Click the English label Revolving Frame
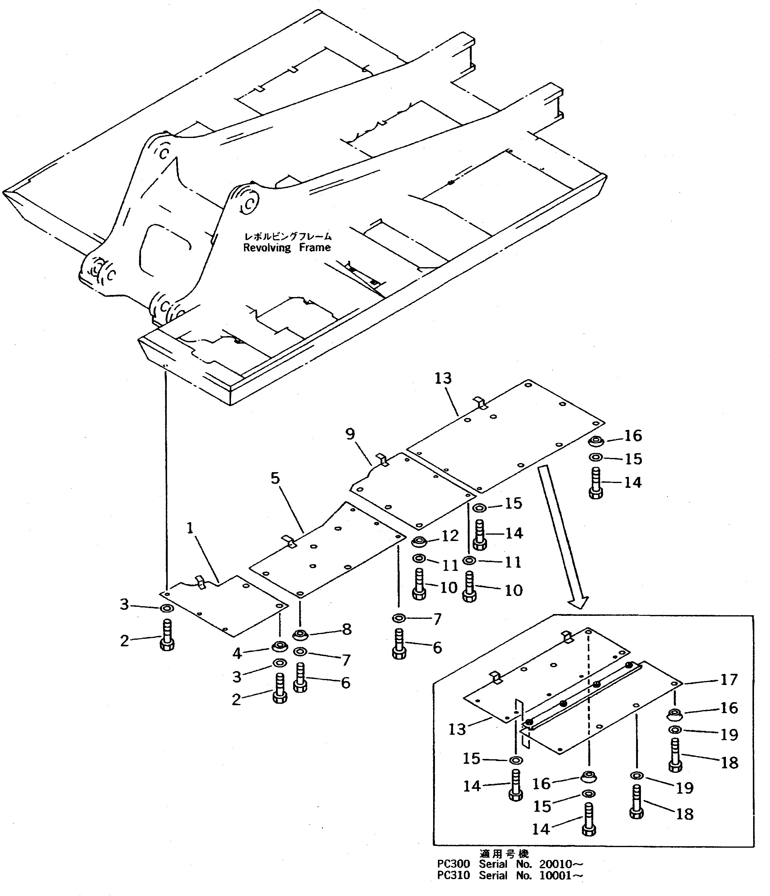point(287,248)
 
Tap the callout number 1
point(190,528)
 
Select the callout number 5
point(275,478)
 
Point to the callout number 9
point(350,434)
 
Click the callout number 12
point(449,536)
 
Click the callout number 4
point(237,653)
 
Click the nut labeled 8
point(300,635)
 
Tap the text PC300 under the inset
point(453,864)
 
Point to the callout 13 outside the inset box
point(443,378)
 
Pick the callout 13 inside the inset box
point(457,729)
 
